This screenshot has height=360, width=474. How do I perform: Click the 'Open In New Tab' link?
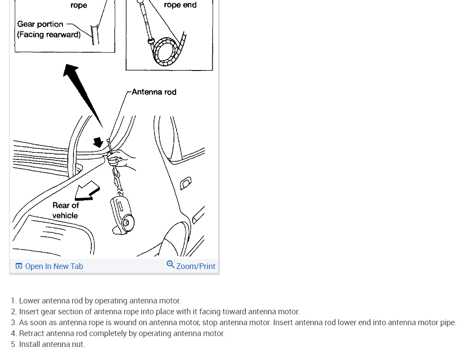click(x=54, y=266)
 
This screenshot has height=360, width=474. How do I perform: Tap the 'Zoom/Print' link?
click(x=196, y=266)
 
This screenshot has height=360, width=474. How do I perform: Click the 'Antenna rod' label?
click(x=154, y=92)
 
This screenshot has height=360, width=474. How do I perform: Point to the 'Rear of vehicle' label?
click(x=66, y=210)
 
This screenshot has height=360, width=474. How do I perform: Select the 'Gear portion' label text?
click(x=40, y=24)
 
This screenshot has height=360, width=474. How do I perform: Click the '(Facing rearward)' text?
click(x=49, y=34)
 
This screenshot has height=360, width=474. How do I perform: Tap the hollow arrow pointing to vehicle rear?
click(x=87, y=192)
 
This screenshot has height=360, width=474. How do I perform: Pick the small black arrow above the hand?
click(x=98, y=142)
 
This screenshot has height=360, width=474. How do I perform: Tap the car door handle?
click(x=186, y=182)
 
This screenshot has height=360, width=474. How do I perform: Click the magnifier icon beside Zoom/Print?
click(x=170, y=265)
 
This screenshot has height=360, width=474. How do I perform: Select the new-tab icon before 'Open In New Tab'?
click(x=19, y=266)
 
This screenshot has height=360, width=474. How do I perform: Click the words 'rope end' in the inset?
click(x=180, y=5)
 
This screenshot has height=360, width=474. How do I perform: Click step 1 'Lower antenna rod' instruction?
click(x=100, y=301)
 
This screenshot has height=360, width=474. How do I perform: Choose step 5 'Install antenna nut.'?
click(x=52, y=344)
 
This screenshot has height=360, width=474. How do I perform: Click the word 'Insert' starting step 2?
click(x=29, y=312)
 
